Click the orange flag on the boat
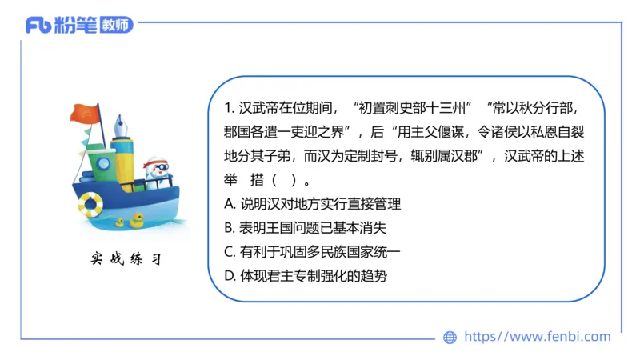click(82, 113)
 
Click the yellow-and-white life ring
click(90, 205)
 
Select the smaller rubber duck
click(120, 222)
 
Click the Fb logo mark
click(38, 25)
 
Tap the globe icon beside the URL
click(450, 338)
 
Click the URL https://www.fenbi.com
click(537, 337)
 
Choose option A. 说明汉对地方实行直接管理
click(313, 203)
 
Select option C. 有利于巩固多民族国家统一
click(313, 252)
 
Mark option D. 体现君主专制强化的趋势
click(313, 277)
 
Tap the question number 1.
click(228, 107)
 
